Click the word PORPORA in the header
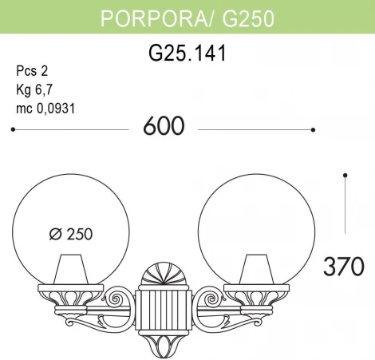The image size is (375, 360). (145, 18)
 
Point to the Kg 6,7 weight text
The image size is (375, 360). (34, 89)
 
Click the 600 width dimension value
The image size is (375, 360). (163, 127)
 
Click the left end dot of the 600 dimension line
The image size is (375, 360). (14, 129)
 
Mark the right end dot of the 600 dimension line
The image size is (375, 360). (314, 129)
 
